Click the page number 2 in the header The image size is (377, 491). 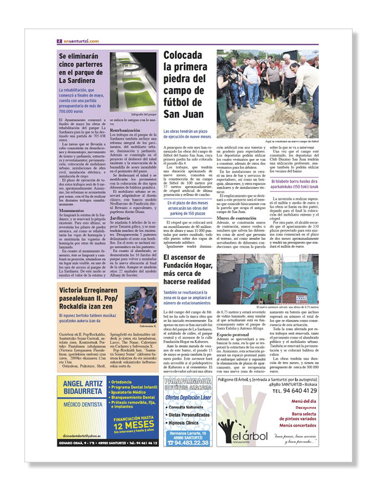(x=59, y=41)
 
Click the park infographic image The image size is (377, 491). (x=133, y=81)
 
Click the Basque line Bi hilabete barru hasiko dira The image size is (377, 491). (x=294, y=180)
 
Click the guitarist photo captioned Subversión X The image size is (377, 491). (x=140, y=304)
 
